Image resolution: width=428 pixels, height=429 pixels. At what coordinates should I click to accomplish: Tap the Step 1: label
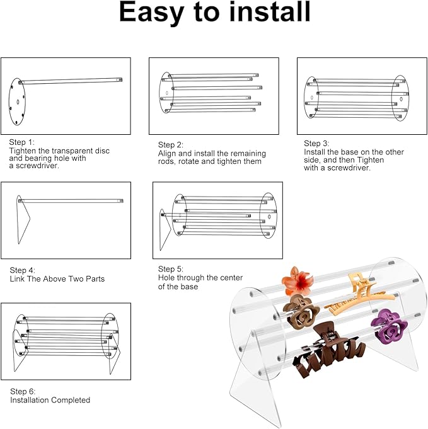[x=22, y=142]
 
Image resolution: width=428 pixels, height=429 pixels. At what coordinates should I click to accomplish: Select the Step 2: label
[x=171, y=145]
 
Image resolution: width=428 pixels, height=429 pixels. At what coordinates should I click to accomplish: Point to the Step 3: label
[x=316, y=144]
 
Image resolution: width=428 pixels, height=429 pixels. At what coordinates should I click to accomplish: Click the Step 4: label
[x=23, y=270]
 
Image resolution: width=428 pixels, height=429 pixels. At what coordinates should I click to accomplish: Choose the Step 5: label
[x=171, y=269]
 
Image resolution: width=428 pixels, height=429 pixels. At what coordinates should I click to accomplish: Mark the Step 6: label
[x=23, y=391]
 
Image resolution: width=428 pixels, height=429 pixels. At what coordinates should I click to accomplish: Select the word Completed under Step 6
[x=71, y=400]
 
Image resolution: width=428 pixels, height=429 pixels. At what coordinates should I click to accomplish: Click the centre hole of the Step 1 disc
[x=18, y=102]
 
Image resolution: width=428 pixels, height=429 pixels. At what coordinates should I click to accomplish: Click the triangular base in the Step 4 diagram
[x=23, y=219]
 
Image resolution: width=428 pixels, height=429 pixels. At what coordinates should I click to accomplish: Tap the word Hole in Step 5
[x=166, y=278]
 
